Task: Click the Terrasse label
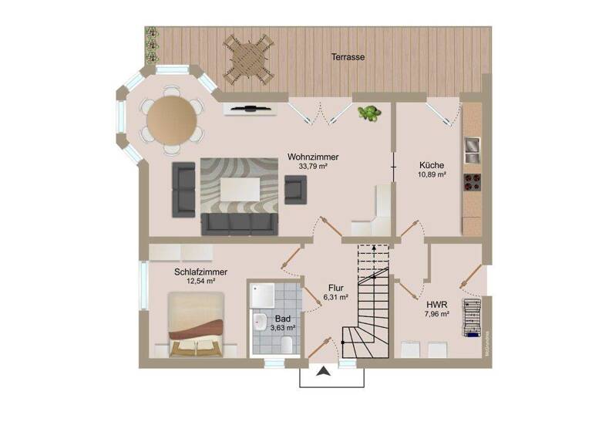pyautogui.click(x=348, y=57)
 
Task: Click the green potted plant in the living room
pyautogui.click(x=370, y=113)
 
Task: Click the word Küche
pyautogui.click(x=432, y=165)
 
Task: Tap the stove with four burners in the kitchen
pyautogui.click(x=471, y=183)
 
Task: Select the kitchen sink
pyautogui.click(x=471, y=146)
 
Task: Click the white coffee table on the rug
pyautogui.click(x=238, y=187)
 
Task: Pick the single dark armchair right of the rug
pyautogui.click(x=295, y=188)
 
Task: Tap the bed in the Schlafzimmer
pyautogui.click(x=198, y=327)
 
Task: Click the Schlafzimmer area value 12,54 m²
pyautogui.click(x=200, y=282)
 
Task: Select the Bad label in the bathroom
pyautogui.click(x=283, y=318)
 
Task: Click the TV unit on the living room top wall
pyautogui.click(x=251, y=109)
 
